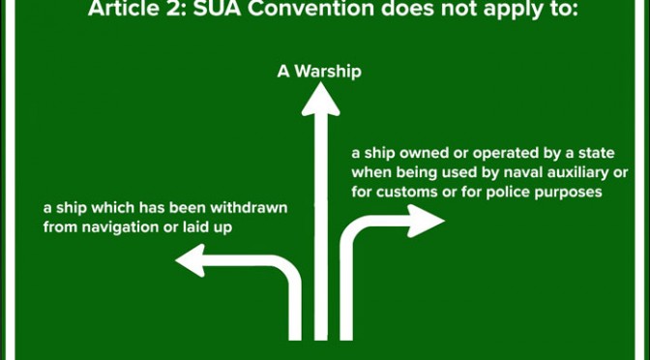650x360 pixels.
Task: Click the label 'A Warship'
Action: [x=319, y=73]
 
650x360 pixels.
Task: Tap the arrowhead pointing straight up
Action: [x=320, y=100]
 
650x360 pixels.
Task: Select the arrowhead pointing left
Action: [x=191, y=260]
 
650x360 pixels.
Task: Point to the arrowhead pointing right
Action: [x=427, y=221]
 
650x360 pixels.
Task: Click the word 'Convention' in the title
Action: [x=312, y=9]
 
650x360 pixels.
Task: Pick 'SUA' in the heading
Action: [x=218, y=9]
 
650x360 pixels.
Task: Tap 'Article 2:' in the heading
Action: [x=137, y=9]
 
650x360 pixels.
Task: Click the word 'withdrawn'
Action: [x=249, y=207]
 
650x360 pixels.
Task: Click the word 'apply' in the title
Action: [x=512, y=10]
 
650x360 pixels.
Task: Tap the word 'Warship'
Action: [x=328, y=73]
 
